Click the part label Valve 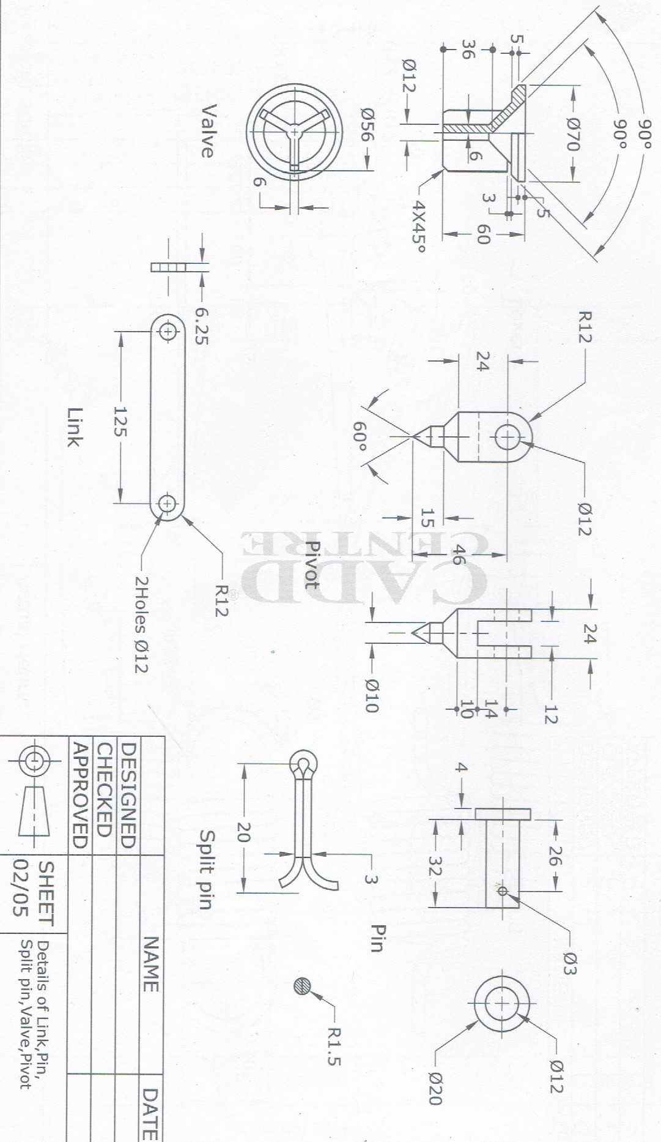coord(209,131)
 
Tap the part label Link coord(75,427)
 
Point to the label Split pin coord(207,870)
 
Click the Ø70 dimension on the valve coord(572,134)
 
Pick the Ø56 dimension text coord(367,125)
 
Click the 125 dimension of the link coord(120,421)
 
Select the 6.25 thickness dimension coord(202,326)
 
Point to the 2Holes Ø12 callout coord(141,624)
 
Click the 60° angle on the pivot coord(360,436)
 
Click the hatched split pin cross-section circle coord(302,986)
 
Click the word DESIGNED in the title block coord(127,795)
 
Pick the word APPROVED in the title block coord(80,795)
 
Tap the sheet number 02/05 coord(21,887)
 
